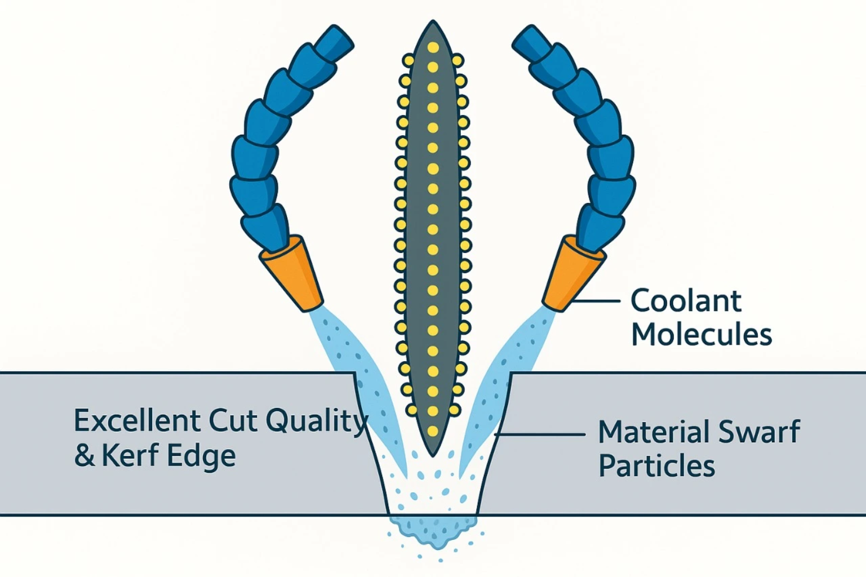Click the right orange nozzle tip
[574, 274]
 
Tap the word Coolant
[685, 301]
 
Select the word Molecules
[701, 335]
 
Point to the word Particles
[656, 467]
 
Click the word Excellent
[137, 421]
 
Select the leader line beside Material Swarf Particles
[541, 434]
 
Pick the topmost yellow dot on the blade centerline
[433, 47]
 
